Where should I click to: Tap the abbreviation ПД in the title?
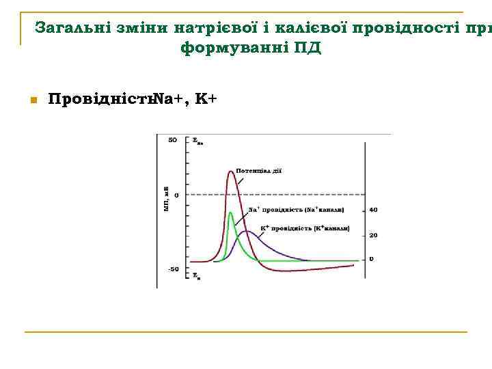point(305,49)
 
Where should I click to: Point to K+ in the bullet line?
point(206,100)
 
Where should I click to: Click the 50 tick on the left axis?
point(173,140)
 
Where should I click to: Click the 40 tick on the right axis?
point(373,210)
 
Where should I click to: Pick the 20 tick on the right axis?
point(373,235)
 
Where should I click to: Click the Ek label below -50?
point(196,277)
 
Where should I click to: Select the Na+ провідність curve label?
point(295,210)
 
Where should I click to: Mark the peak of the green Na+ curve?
point(231,213)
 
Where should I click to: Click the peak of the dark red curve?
point(231,171)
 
